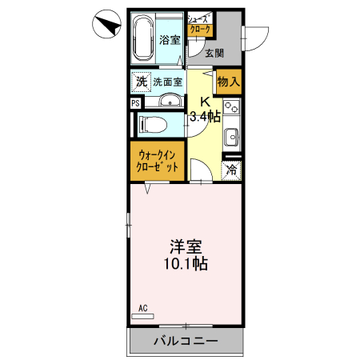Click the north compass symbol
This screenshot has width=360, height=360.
(x=104, y=23)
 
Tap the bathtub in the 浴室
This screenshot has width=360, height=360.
(x=144, y=39)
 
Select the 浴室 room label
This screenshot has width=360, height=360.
(x=170, y=40)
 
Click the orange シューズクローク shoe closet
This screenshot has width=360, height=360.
(x=199, y=24)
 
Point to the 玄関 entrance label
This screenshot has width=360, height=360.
(x=214, y=54)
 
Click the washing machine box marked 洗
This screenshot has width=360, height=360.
(x=141, y=81)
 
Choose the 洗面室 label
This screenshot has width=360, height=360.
(x=168, y=82)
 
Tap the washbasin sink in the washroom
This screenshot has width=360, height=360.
(x=167, y=101)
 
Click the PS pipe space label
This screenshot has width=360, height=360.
(x=134, y=102)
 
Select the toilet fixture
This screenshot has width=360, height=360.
(x=152, y=124)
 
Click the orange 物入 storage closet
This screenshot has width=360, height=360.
(x=228, y=81)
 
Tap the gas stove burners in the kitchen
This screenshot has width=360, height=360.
(x=231, y=107)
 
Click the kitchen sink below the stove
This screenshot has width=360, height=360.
(x=231, y=135)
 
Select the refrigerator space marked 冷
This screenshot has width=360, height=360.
(x=231, y=169)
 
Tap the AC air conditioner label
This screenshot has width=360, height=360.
(x=143, y=307)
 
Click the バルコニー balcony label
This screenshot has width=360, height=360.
(x=186, y=342)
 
